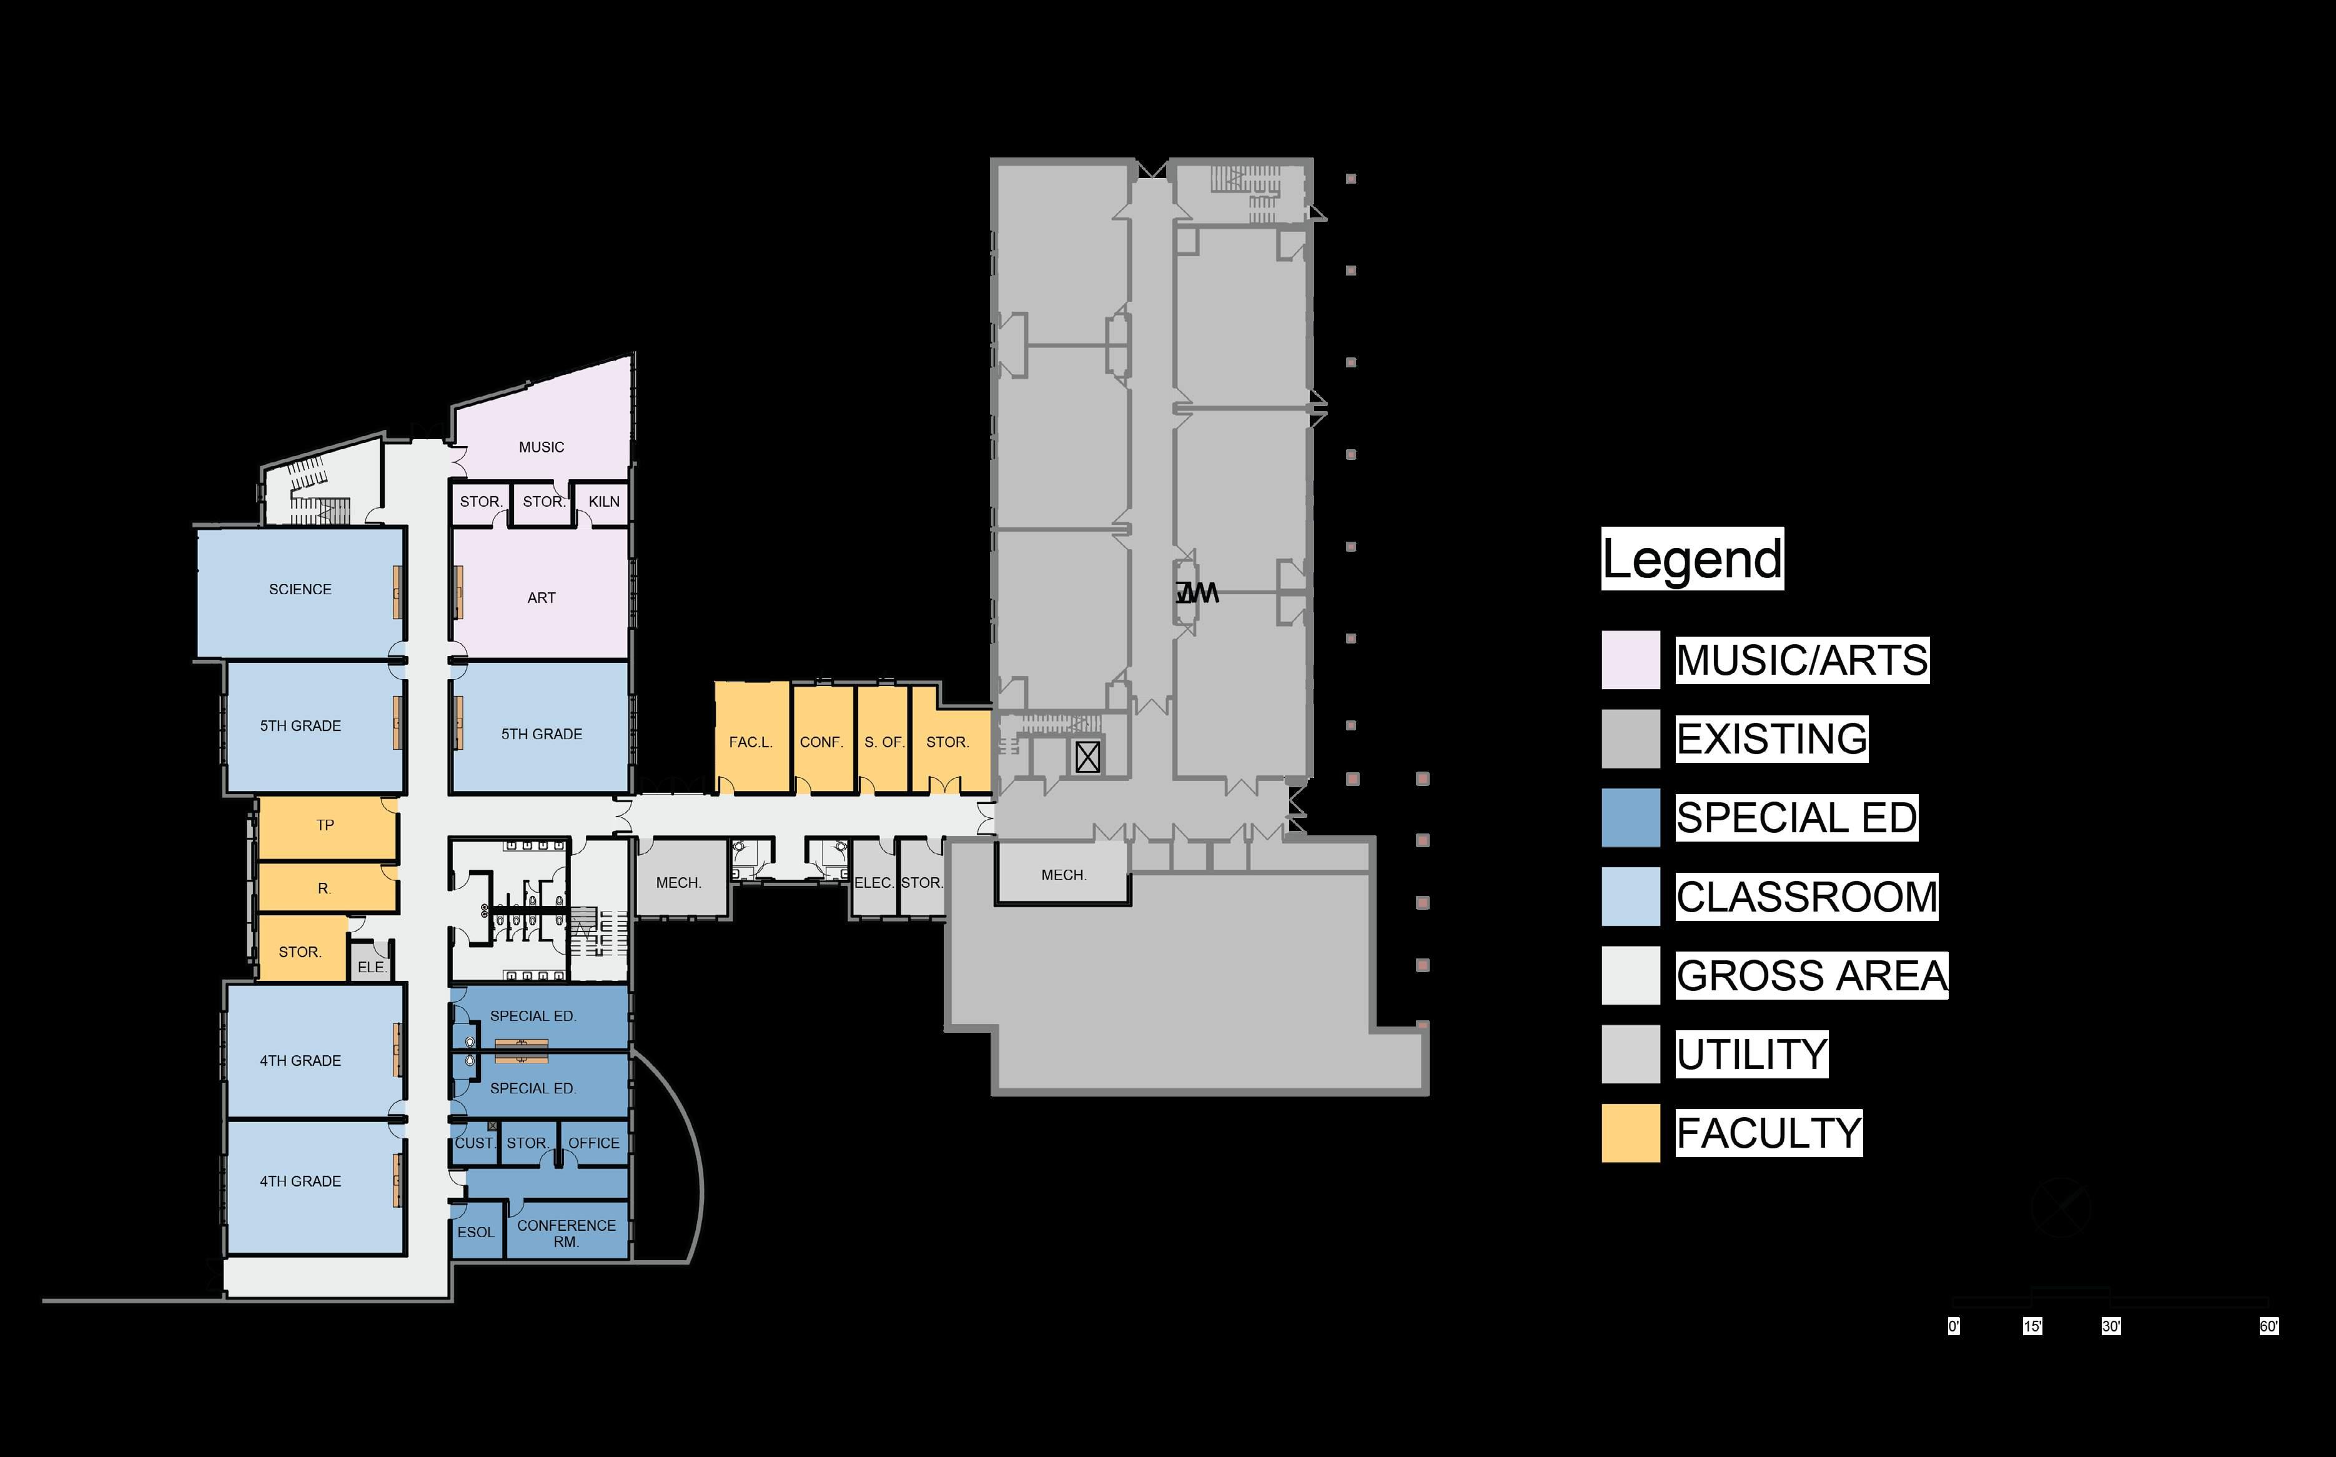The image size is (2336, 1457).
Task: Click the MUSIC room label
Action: click(542, 447)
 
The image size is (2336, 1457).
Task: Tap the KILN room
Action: click(604, 501)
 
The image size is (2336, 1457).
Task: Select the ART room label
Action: click(542, 597)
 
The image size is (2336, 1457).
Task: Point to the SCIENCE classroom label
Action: click(300, 589)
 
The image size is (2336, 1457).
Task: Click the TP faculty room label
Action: click(325, 825)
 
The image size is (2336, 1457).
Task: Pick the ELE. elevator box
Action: click(371, 965)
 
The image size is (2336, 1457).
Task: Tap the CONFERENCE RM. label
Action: click(567, 1233)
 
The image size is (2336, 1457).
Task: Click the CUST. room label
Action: click(474, 1143)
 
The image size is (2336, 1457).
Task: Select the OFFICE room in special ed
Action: click(593, 1143)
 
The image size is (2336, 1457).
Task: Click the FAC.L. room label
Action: click(750, 742)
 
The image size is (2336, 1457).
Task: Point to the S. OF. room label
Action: click(883, 742)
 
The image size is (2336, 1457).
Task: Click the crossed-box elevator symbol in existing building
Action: click(1087, 757)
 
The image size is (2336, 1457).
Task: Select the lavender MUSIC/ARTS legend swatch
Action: click(1631, 660)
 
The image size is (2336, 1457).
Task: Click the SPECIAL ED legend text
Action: click(1796, 818)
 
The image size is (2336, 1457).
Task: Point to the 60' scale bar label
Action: click(2269, 1326)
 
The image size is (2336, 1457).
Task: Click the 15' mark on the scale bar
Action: click(2032, 1326)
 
